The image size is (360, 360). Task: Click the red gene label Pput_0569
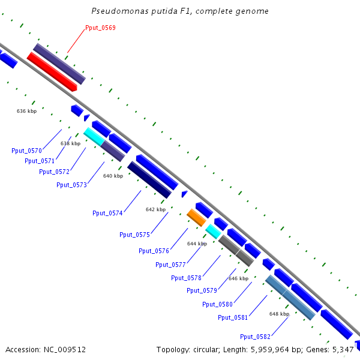(100, 28)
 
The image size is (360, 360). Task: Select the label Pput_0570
(26, 151)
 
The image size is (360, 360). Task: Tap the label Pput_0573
(71, 185)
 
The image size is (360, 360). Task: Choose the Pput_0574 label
(107, 213)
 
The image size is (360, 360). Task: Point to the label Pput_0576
(154, 251)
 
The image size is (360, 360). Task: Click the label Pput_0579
(202, 290)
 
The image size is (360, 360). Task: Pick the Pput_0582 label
(255, 336)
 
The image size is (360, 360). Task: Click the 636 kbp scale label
(26, 111)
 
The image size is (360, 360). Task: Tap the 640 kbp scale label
(113, 176)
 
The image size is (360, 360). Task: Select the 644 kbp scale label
(197, 244)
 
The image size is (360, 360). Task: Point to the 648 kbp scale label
(279, 314)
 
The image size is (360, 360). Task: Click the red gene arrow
(52, 71)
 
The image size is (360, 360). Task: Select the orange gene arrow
(196, 217)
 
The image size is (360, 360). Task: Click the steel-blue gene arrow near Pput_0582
(290, 296)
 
